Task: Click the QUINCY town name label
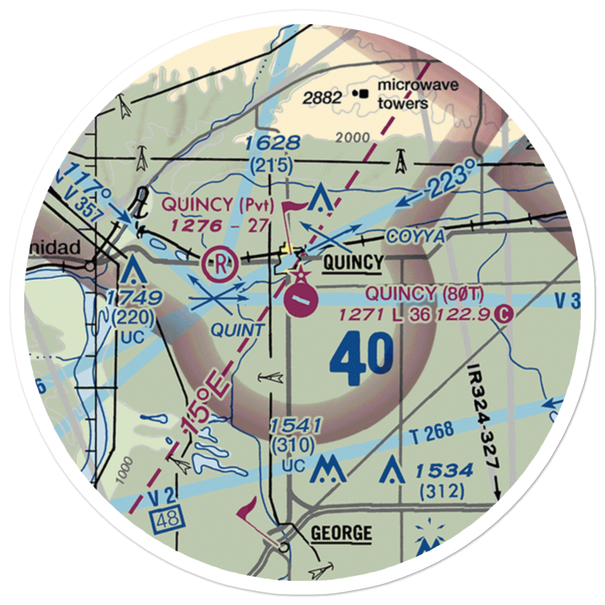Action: pos(353,263)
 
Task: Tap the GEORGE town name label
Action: pos(341,533)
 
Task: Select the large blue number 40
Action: pos(361,361)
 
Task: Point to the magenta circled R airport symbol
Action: pos(218,264)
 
